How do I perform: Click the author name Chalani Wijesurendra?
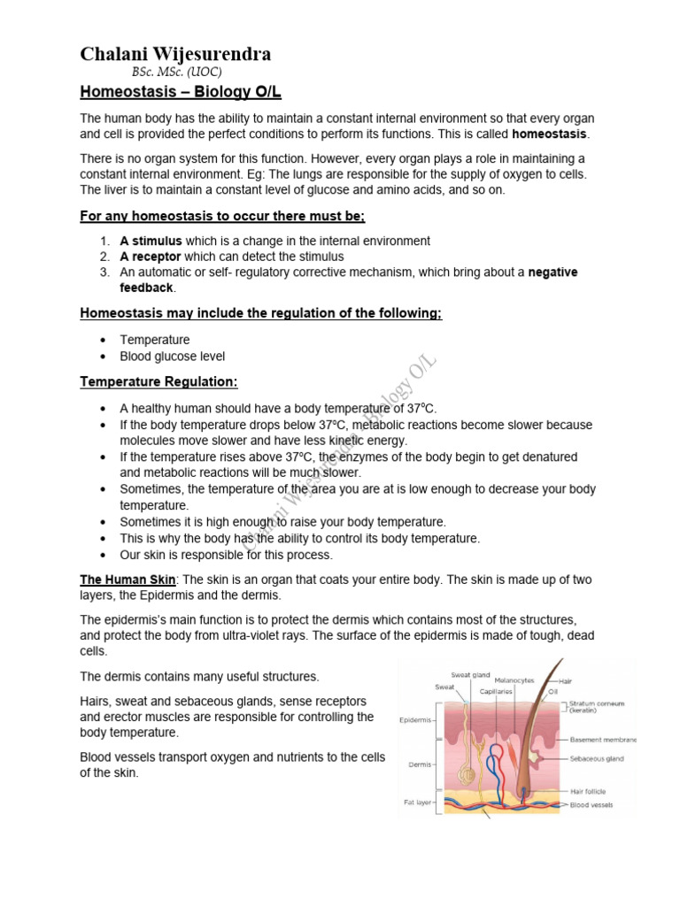pyautogui.click(x=175, y=54)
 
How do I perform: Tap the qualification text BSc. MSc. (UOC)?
pyautogui.click(x=176, y=73)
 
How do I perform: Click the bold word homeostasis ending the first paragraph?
pyautogui.click(x=549, y=134)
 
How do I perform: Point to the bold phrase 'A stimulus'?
pyautogui.click(x=151, y=241)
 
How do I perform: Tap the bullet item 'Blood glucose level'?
pyautogui.click(x=173, y=357)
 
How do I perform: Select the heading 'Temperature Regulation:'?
pyautogui.click(x=158, y=382)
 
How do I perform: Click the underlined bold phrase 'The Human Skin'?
pyautogui.click(x=128, y=579)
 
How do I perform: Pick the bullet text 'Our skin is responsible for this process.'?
pyautogui.click(x=227, y=555)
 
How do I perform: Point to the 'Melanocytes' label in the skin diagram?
pyautogui.click(x=515, y=680)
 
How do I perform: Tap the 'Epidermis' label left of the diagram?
pyautogui.click(x=415, y=719)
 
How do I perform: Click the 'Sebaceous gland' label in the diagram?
pyautogui.click(x=596, y=758)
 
